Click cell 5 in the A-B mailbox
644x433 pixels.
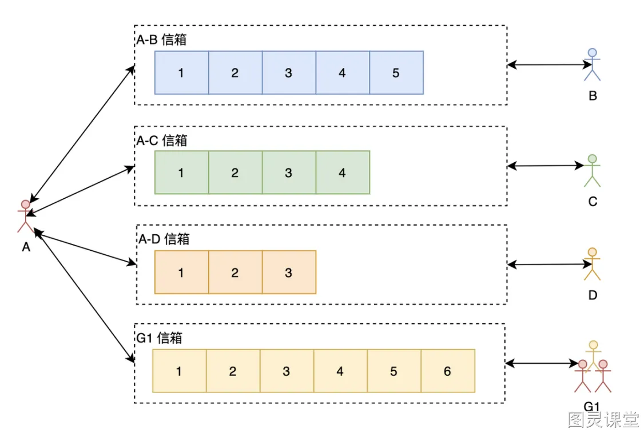[396, 73]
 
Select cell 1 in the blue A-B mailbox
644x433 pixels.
[181, 73]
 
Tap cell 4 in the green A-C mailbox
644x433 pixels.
[343, 172]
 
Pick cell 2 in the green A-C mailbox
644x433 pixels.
[235, 172]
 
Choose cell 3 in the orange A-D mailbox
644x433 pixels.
[289, 272]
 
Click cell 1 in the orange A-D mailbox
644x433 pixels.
[181, 272]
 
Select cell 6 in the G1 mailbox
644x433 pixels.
[448, 371]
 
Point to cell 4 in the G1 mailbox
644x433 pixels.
[340, 371]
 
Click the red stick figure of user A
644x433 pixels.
[26, 216]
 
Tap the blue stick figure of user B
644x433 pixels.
[593, 65]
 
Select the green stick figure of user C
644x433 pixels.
[593, 171]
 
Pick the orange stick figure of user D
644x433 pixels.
[593, 264]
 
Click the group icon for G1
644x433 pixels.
[593, 367]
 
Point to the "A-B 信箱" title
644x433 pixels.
[161, 40]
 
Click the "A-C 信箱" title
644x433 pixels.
[162, 141]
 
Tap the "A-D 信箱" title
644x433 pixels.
[164, 239]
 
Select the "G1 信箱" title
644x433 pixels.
[160, 338]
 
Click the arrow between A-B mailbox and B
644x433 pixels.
[550, 65]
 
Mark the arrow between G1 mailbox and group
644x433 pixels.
[542, 363]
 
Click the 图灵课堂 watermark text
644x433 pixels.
[603, 419]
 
